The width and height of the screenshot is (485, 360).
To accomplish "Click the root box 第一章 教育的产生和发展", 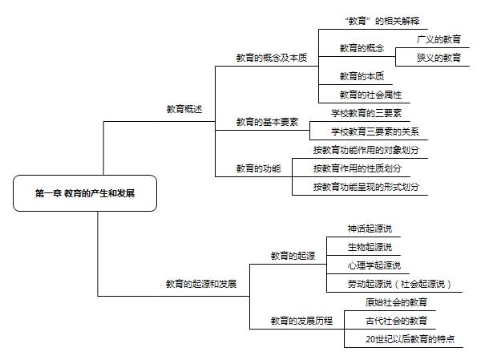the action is (x=85, y=193).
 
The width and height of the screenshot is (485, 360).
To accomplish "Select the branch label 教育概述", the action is (x=184, y=109).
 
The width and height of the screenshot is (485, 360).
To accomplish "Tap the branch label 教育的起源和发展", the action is (x=201, y=284).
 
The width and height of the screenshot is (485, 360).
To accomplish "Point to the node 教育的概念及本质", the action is (x=272, y=58).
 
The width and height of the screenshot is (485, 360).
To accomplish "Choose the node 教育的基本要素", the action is (x=267, y=122).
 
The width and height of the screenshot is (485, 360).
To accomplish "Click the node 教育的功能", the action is (x=259, y=168).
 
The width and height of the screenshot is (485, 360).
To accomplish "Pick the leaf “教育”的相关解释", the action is (x=382, y=21).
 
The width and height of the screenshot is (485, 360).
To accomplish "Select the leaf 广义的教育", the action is (x=439, y=39).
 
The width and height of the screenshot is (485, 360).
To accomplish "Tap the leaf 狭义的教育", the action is (x=439, y=58).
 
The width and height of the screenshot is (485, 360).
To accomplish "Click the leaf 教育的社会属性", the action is (x=370, y=95).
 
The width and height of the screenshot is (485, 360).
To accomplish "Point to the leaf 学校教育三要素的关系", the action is (x=375, y=131).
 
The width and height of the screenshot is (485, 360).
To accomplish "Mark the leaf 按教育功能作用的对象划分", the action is (x=366, y=150).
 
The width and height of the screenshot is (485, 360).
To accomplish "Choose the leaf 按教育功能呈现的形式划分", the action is (x=366, y=187).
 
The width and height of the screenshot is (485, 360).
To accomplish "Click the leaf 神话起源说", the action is (x=370, y=229).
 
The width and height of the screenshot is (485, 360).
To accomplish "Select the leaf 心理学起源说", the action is (x=374, y=265).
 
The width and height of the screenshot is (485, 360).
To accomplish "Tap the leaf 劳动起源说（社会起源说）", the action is (x=399, y=284).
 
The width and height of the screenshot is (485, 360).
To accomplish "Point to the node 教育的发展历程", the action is (x=301, y=321).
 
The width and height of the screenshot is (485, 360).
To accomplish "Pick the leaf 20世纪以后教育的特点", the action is (x=410, y=339).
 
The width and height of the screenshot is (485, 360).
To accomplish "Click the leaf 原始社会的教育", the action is (x=396, y=302).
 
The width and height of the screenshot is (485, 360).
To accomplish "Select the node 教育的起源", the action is (x=293, y=256).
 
